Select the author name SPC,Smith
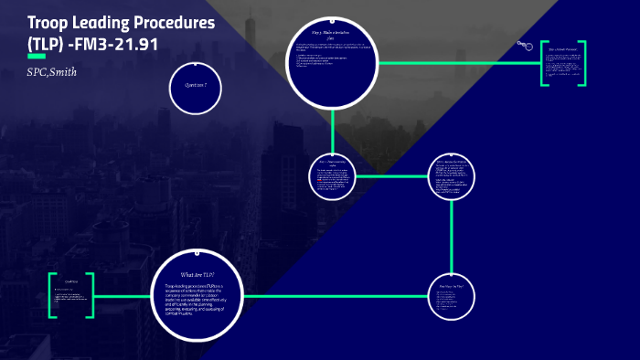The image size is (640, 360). pos(52,72)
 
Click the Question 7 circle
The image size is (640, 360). pos(195,85)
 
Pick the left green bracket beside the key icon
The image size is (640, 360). pos(543,64)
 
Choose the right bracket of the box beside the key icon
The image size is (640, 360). pos(582,64)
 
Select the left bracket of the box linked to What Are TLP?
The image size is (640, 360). pos(51,295)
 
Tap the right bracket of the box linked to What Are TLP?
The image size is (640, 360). pos(92,295)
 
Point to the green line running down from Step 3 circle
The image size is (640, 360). pos(332,127)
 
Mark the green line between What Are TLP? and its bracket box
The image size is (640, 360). pos(124,296)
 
